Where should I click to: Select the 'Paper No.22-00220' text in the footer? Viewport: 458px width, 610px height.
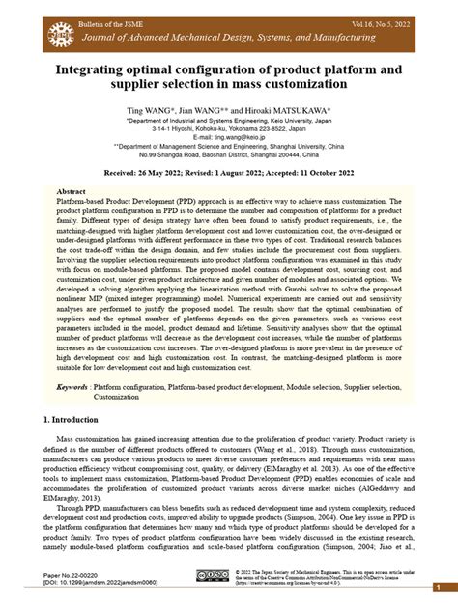(78, 573)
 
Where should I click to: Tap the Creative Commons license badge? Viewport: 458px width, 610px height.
(212, 576)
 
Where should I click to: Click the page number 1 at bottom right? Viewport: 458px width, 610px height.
(441, 588)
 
